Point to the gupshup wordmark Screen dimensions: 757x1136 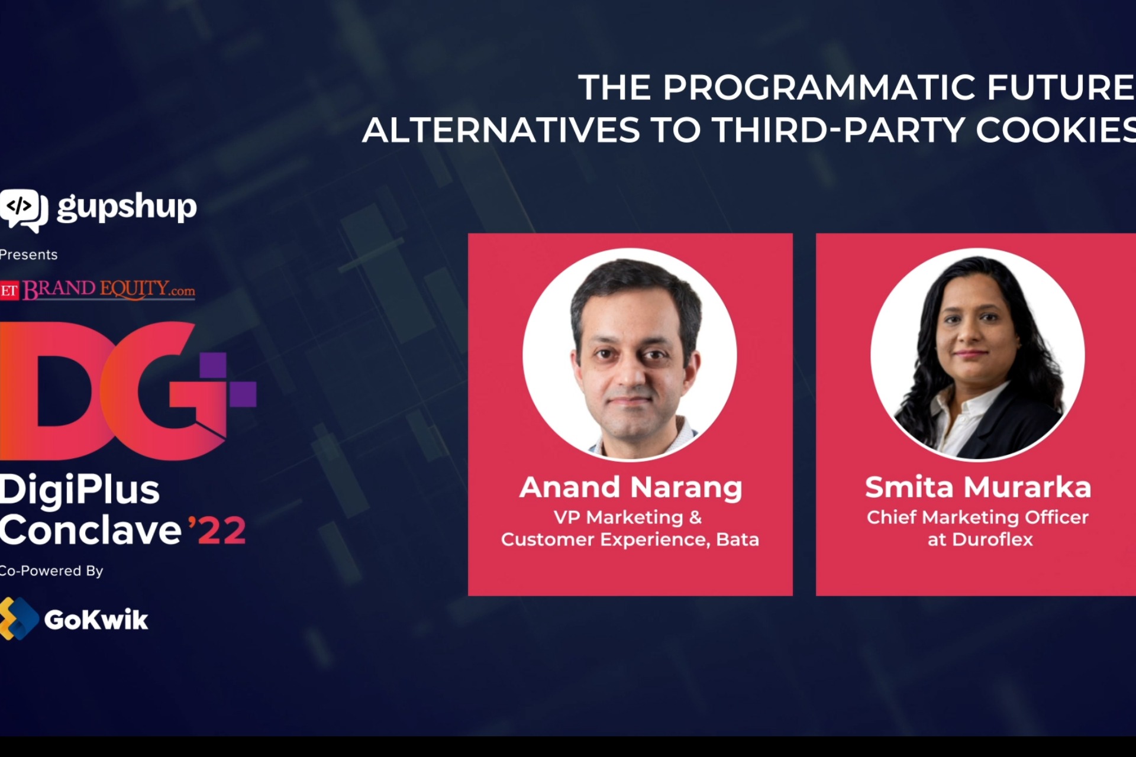tap(127, 208)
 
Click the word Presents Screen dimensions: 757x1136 tap(28, 255)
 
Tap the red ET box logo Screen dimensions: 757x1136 tap(9, 291)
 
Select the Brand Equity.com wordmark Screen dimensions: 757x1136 tap(109, 289)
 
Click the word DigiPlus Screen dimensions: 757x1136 tap(80, 490)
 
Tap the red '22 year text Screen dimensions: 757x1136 tap(217, 530)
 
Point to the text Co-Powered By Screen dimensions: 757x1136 tap(51, 571)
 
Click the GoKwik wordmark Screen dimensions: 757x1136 tap(96, 620)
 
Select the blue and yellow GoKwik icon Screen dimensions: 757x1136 tap(18, 619)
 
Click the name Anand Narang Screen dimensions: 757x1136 tap(631, 488)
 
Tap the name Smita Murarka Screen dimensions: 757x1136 tap(978, 488)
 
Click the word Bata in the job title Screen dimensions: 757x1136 tap(737, 539)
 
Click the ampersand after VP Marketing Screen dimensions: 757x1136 tap(696, 517)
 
